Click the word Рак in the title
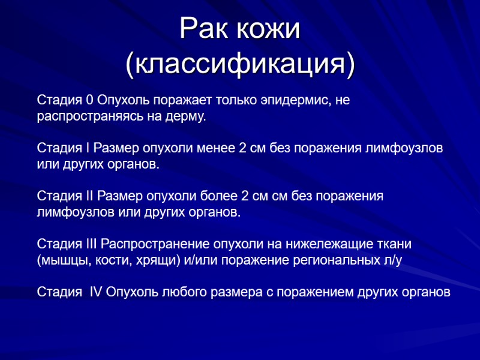[206, 30]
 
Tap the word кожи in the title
[269, 30]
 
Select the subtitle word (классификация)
[239, 64]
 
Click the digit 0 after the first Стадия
[90, 100]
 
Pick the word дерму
[186, 116]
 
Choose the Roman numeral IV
[96, 292]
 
